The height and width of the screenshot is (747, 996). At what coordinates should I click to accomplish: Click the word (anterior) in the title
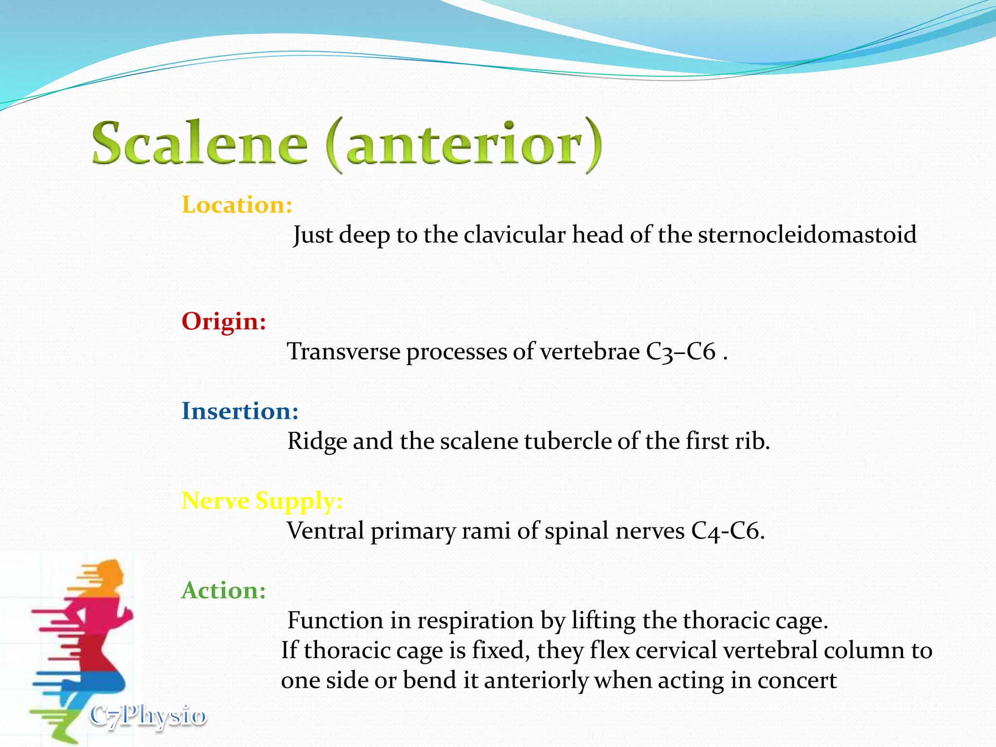pos(464,144)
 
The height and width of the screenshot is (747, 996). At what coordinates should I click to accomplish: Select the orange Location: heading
pos(237,205)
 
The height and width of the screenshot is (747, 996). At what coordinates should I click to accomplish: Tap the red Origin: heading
pos(224,321)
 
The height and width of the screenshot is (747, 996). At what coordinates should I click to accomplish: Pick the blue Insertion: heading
pos(240,411)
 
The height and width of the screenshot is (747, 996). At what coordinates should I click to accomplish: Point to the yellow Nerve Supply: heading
pos(262,501)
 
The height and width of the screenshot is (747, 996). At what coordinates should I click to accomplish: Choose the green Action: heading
pos(224,591)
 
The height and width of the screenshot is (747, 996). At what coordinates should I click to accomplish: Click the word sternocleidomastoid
pos(807,235)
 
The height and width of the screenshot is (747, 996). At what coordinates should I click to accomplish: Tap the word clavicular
pos(514,235)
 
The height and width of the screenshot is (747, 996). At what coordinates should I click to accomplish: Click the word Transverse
pos(343,352)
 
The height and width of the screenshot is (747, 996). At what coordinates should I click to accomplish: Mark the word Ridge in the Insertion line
pos(317,442)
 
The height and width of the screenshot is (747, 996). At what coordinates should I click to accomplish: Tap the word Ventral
pos(325,531)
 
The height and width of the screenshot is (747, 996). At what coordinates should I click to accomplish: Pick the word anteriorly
pos(536,681)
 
